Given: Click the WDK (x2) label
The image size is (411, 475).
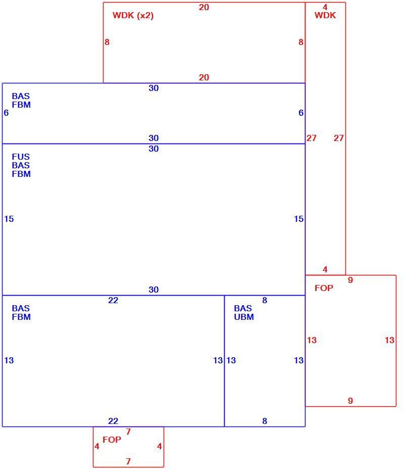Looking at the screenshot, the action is tap(133, 16).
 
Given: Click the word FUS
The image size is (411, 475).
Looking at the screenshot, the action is tap(21, 157).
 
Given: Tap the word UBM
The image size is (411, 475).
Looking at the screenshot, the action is tap(244, 317).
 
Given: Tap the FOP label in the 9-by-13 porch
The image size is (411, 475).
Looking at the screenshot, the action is tap(324, 288).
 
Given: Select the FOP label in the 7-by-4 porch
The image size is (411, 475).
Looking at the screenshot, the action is tap(112, 440).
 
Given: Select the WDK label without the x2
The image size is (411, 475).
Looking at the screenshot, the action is tap(325, 16).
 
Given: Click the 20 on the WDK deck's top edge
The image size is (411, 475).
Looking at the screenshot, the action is tap(203, 7).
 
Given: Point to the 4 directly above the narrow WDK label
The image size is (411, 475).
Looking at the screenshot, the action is tap(325, 7).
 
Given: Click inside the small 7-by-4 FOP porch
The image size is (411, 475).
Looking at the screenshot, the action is tap(128, 451).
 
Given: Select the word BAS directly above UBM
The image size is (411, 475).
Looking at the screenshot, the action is tap(243, 308).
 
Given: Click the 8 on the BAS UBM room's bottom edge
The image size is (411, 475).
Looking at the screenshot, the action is tap(265, 421).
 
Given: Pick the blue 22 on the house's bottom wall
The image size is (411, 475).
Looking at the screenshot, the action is tap(113, 421).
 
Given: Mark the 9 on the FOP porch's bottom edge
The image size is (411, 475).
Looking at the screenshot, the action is tap(350, 401).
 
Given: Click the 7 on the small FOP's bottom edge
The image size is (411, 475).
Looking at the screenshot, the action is tap(128, 461).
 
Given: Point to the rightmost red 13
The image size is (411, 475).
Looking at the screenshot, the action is tap(389, 340).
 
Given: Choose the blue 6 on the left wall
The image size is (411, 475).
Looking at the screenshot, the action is tap(6, 113).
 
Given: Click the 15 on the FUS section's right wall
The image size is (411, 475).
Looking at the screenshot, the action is tap(298, 219).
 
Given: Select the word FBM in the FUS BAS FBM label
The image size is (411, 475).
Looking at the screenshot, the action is tap(21, 174).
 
